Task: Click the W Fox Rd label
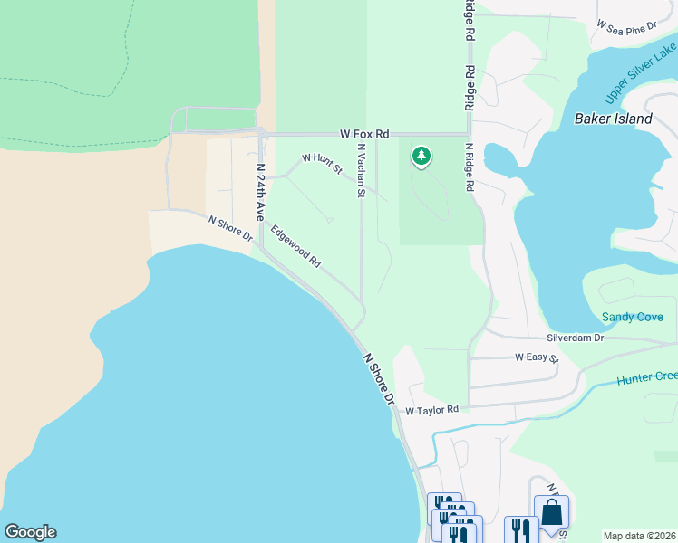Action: (364, 133)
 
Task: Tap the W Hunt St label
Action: (322, 163)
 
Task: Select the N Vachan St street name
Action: (361, 170)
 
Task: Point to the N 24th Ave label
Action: (259, 193)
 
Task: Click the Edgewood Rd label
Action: (295, 247)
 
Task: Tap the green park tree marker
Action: (421, 157)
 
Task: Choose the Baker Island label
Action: (613, 119)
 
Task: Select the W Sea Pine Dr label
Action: (626, 28)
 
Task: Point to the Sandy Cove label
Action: (633, 317)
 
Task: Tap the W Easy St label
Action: (537, 358)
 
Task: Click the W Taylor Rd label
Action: (431, 410)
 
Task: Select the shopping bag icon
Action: (551, 512)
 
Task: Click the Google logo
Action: (30, 532)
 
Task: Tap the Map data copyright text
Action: (640, 536)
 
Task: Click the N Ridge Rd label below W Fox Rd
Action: (469, 167)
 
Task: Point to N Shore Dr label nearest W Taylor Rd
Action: (380, 378)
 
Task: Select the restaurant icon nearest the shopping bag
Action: (520, 529)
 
